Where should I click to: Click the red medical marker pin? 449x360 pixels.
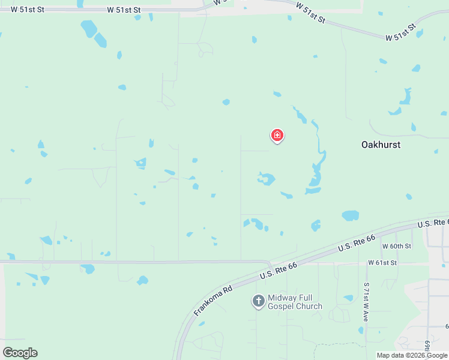[x=277, y=136]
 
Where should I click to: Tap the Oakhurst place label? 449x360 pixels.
[x=381, y=145]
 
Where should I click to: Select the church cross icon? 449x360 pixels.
[x=258, y=301]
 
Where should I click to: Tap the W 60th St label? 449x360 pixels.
[x=397, y=247]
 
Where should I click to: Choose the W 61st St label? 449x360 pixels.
[x=382, y=263]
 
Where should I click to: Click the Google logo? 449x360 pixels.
[x=20, y=352]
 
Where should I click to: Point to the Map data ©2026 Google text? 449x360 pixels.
[x=412, y=355]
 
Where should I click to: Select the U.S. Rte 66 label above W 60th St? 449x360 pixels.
[x=356, y=243]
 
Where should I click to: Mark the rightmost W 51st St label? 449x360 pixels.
[x=400, y=33]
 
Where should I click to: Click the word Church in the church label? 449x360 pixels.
[x=309, y=307]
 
